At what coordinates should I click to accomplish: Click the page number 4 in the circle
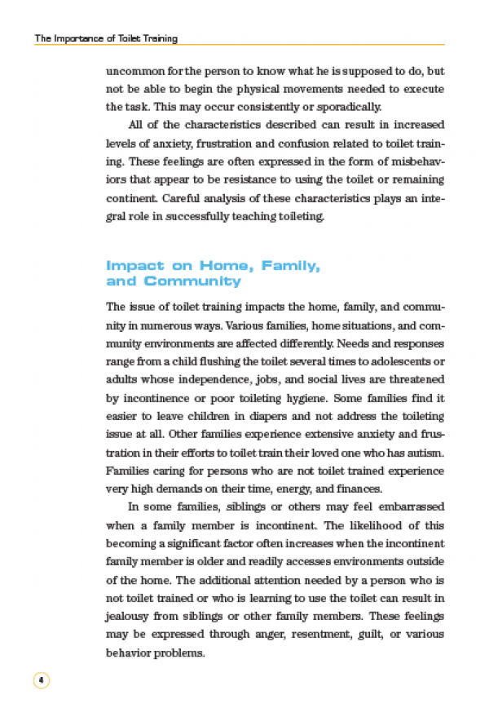pos(41,679)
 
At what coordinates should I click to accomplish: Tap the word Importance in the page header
pos(80,38)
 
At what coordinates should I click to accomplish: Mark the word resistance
pos(273,179)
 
